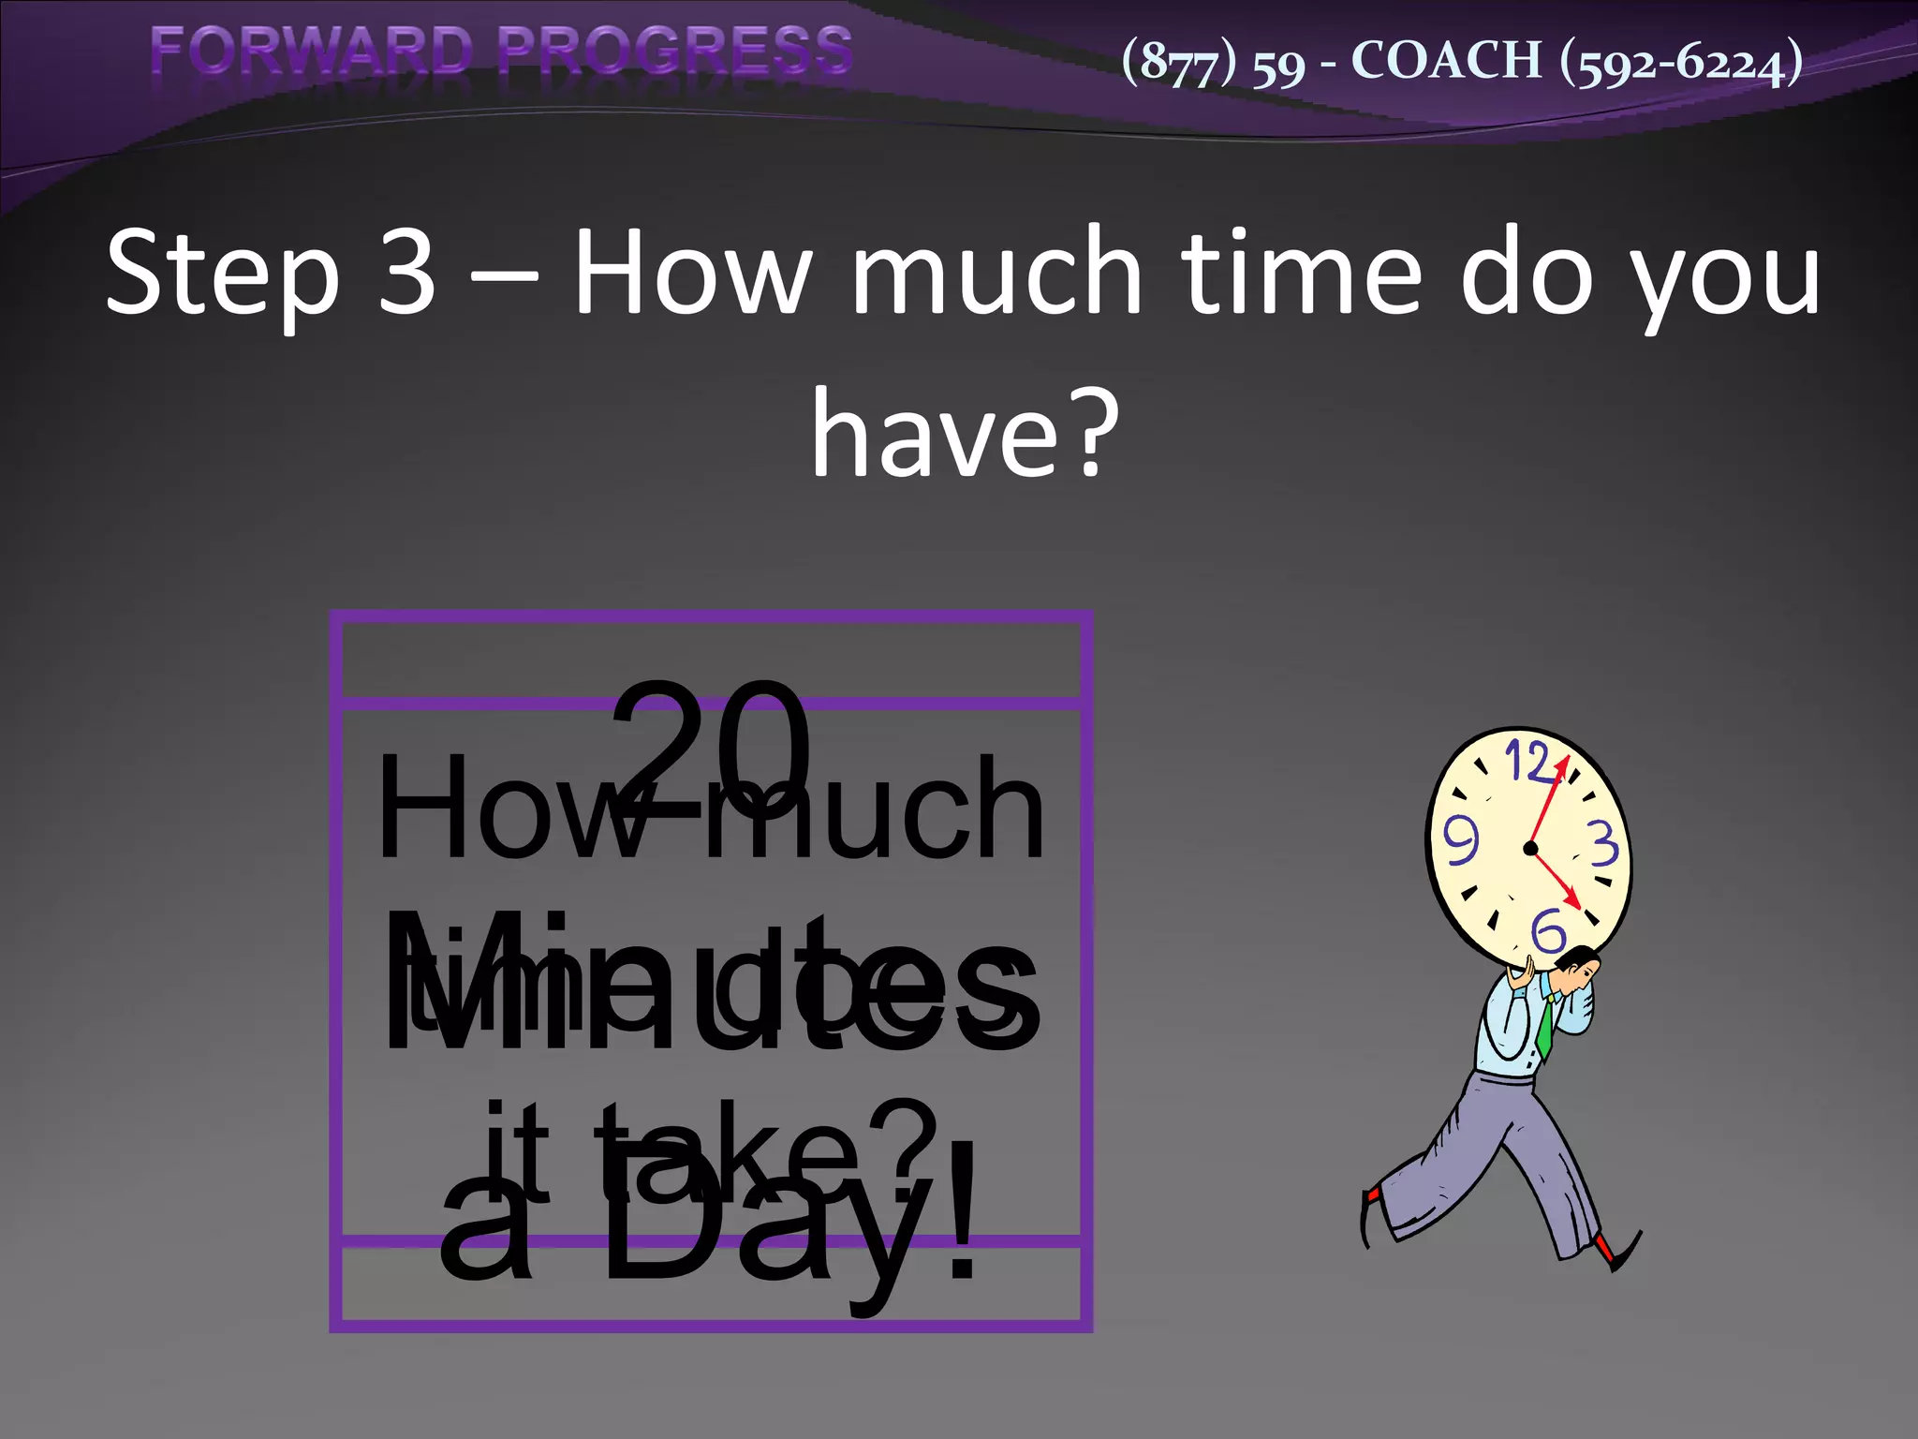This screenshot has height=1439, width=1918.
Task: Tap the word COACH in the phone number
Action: pos(1446,62)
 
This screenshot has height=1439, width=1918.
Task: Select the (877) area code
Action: pos(1179,63)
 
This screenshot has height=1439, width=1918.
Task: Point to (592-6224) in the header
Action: pos(1681,63)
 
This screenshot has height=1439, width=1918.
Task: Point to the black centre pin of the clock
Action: pos(1531,849)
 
